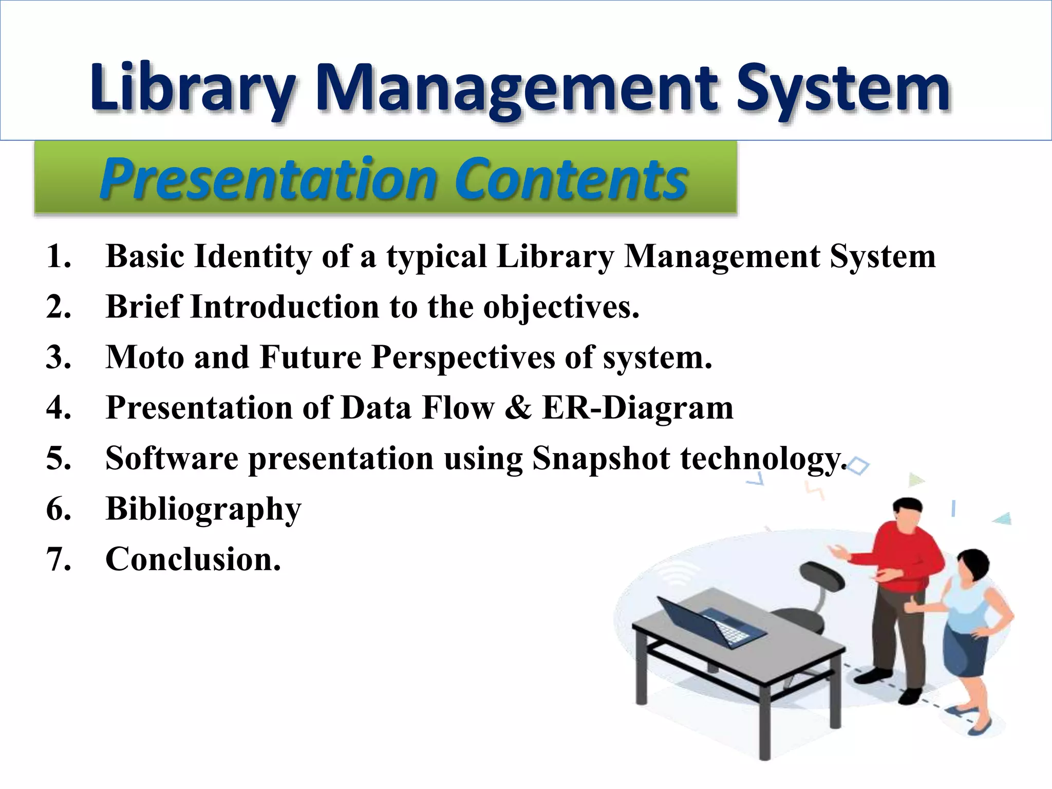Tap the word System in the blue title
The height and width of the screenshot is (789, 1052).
(842, 88)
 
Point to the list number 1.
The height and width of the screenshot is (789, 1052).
(58, 256)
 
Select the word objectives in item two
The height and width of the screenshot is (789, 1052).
(561, 307)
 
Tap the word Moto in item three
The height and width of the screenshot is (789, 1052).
(144, 357)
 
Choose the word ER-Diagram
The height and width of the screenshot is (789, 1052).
(637, 408)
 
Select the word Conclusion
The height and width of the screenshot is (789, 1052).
(193, 559)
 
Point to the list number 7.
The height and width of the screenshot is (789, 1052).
(58, 559)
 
